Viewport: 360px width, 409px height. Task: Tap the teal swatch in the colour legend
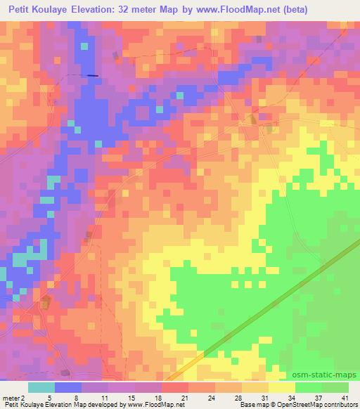tap(41, 387)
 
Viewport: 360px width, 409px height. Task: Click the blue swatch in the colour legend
tap(68, 387)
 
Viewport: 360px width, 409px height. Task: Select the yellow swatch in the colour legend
tap(282, 387)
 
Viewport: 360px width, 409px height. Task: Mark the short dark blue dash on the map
tap(93, 75)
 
